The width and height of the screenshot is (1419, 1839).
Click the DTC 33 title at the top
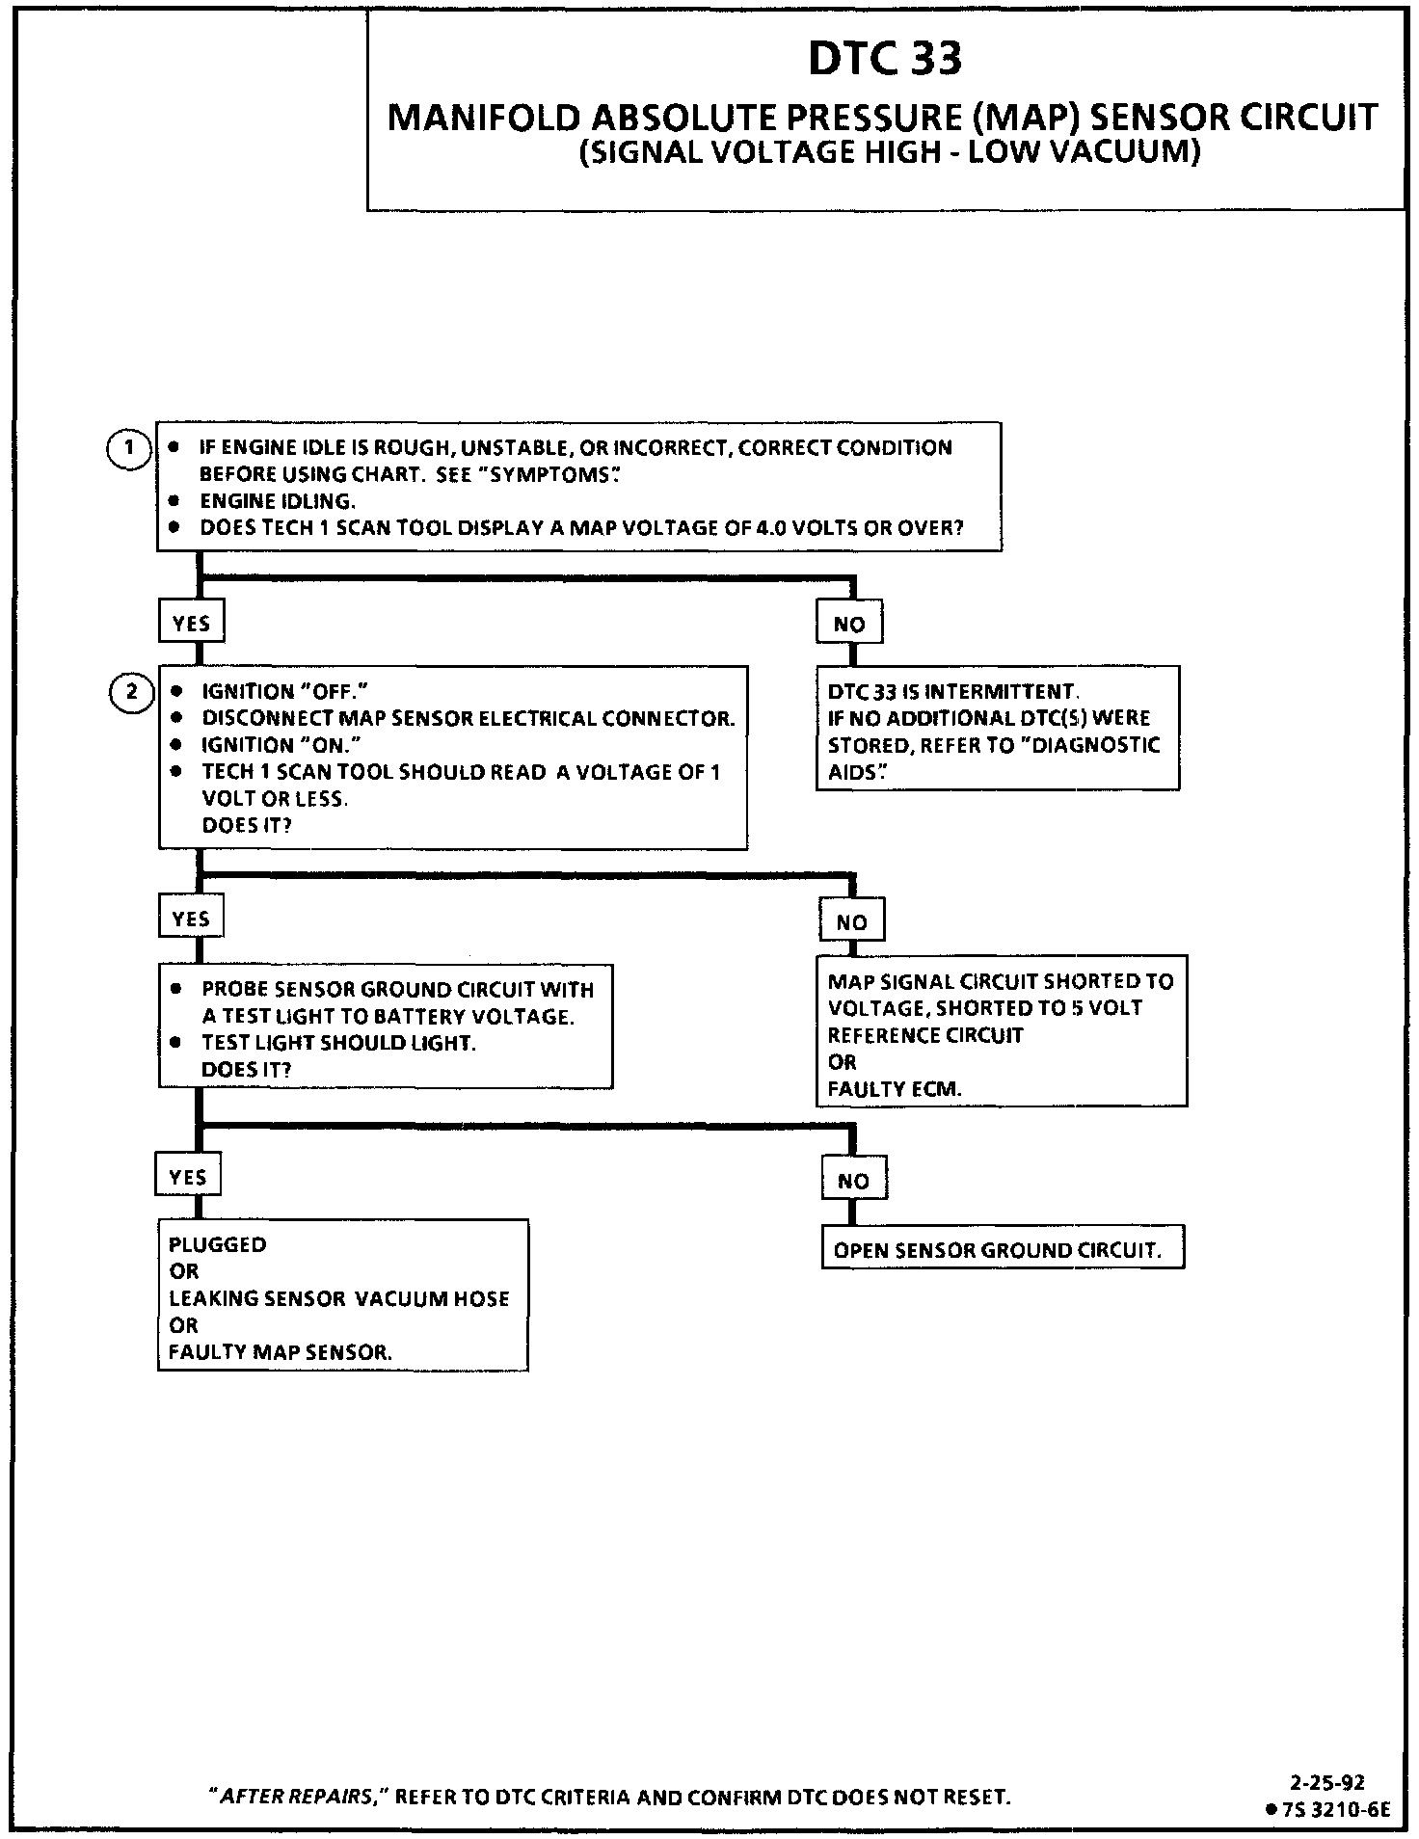click(884, 59)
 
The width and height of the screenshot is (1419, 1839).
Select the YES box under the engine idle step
click(191, 623)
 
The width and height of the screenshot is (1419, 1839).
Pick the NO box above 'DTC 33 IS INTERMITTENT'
click(848, 624)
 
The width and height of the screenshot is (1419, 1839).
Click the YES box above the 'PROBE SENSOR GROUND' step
click(191, 919)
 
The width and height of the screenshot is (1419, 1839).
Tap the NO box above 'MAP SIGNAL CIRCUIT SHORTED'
click(851, 921)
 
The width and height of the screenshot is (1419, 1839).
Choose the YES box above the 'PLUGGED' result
click(188, 1176)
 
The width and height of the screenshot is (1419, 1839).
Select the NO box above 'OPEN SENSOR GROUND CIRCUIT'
click(853, 1181)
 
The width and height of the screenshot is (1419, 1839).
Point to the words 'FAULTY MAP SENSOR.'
click(280, 1351)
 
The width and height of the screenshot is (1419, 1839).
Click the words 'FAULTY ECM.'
click(894, 1089)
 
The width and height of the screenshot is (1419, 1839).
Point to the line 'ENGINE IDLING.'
click(278, 501)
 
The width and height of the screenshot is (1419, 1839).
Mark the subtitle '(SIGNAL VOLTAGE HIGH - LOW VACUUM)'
click(889, 153)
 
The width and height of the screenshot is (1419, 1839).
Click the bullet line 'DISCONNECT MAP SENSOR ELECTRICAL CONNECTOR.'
click(468, 718)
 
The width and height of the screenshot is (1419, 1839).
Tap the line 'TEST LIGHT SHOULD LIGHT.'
click(338, 1043)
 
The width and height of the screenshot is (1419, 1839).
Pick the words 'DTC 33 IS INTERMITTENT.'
click(952, 691)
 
